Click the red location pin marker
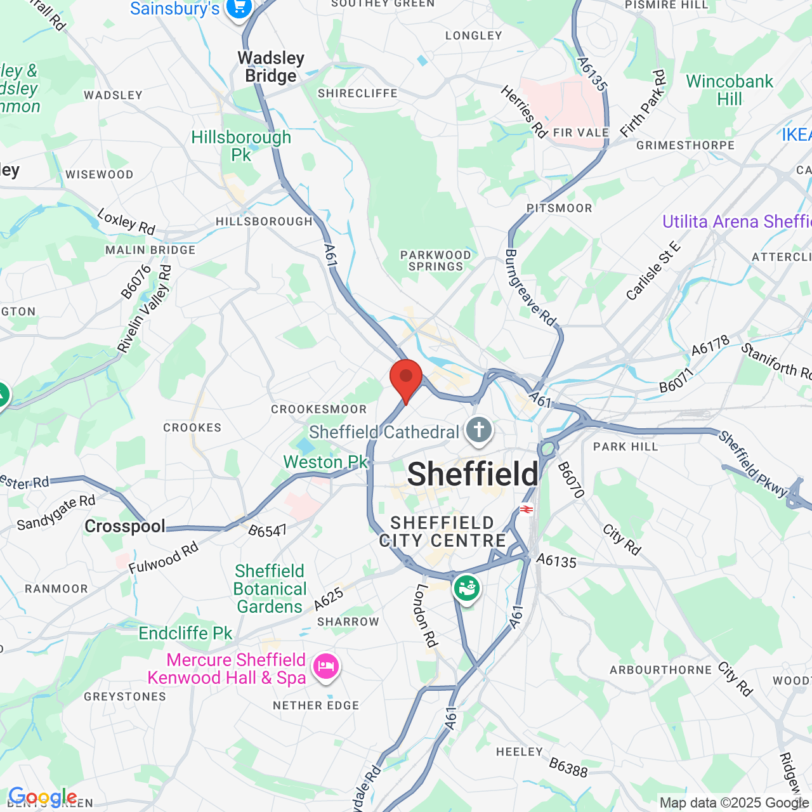click(406, 378)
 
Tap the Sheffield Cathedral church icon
click(479, 431)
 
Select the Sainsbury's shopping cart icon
click(239, 8)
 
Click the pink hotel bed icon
click(325, 667)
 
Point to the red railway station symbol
click(526, 509)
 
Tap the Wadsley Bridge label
click(271, 67)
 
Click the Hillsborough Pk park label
click(241, 146)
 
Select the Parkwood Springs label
click(436, 261)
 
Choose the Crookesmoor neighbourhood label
click(318, 409)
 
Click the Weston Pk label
click(325, 462)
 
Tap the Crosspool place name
click(125, 526)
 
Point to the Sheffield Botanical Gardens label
click(270, 589)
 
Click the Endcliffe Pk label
click(185, 633)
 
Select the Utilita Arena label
click(736, 221)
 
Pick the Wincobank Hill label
click(730, 90)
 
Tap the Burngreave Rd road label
click(530, 287)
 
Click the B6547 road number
click(267, 530)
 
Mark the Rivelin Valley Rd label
click(145, 309)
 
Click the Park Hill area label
click(625, 447)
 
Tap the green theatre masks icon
click(466, 588)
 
